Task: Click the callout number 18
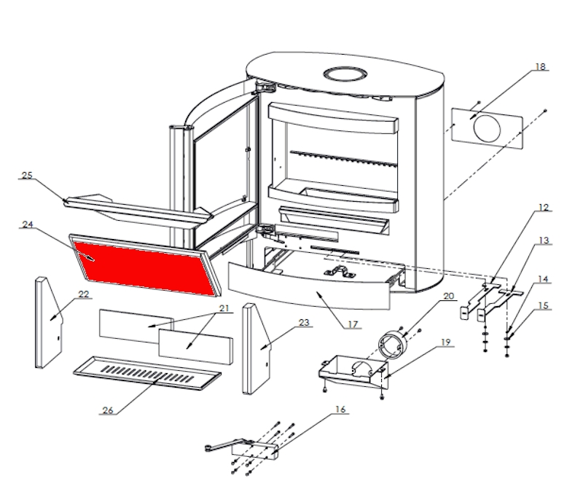pyautogui.click(x=540, y=66)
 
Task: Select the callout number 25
pyautogui.click(x=28, y=176)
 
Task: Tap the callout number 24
pyautogui.click(x=28, y=224)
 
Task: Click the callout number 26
pyautogui.click(x=107, y=410)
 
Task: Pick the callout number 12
pyautogui.click(x=543, y=208)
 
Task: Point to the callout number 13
pyautogui.click(x=543, y=240)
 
